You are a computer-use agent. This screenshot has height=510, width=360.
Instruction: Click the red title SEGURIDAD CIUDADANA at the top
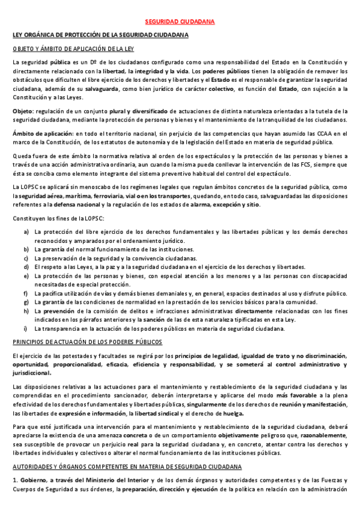pos(180,22)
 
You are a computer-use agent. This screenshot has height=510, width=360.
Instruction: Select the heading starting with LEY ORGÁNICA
pos(101,35)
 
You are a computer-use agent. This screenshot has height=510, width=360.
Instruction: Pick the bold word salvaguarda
pos(102,89)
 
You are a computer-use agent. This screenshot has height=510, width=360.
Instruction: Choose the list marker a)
pos(26,232)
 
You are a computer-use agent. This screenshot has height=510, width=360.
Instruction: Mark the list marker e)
pos(26,275)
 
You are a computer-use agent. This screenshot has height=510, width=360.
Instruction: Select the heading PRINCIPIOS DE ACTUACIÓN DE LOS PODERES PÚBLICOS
pos(87,342)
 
